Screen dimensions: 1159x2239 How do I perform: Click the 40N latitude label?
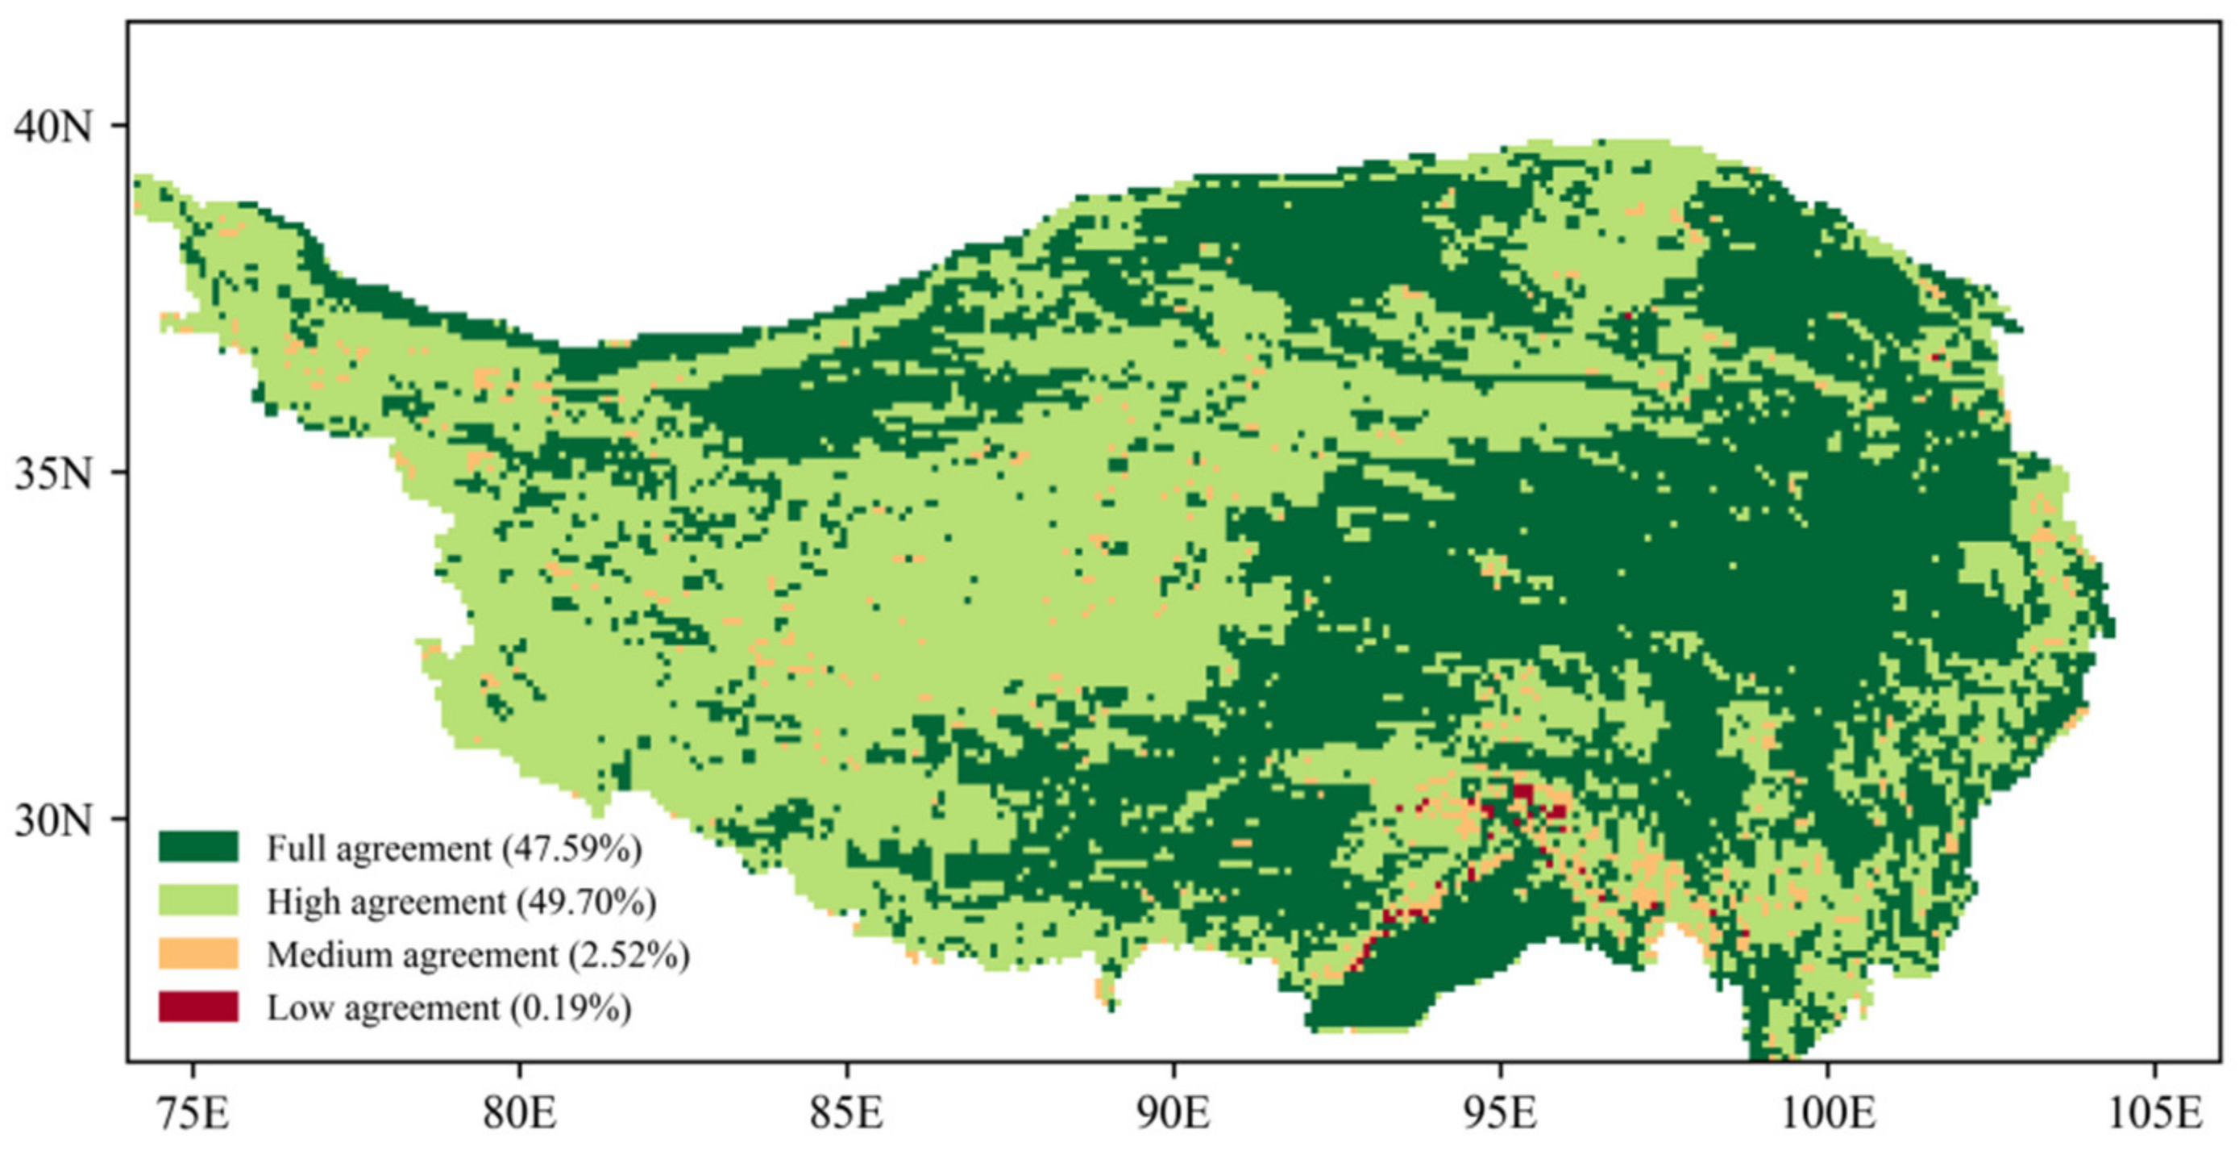[52, 127]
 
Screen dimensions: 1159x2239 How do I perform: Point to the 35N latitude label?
[52, 474]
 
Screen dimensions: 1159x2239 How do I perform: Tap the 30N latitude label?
[52, 820]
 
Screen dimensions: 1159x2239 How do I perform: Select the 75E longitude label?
[193, 1114]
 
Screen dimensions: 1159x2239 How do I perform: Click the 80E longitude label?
[520, 1114]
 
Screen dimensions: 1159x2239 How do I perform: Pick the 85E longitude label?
[846, 1114]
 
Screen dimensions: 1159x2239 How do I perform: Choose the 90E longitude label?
[1174, 1114]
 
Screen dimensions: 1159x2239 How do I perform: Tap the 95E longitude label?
[1500, 1114]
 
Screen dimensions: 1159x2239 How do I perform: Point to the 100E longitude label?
[1827, 1114]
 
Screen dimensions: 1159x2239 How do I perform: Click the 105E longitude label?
[2154, 1114]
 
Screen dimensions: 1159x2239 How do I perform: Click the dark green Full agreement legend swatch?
[198, 848]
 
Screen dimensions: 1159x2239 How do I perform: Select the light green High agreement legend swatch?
[198, 901]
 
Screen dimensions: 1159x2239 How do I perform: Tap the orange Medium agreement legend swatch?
[198, 954]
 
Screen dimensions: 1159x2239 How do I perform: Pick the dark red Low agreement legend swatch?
[198, 1007]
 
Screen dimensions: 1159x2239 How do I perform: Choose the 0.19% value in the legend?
[570, 1009]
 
